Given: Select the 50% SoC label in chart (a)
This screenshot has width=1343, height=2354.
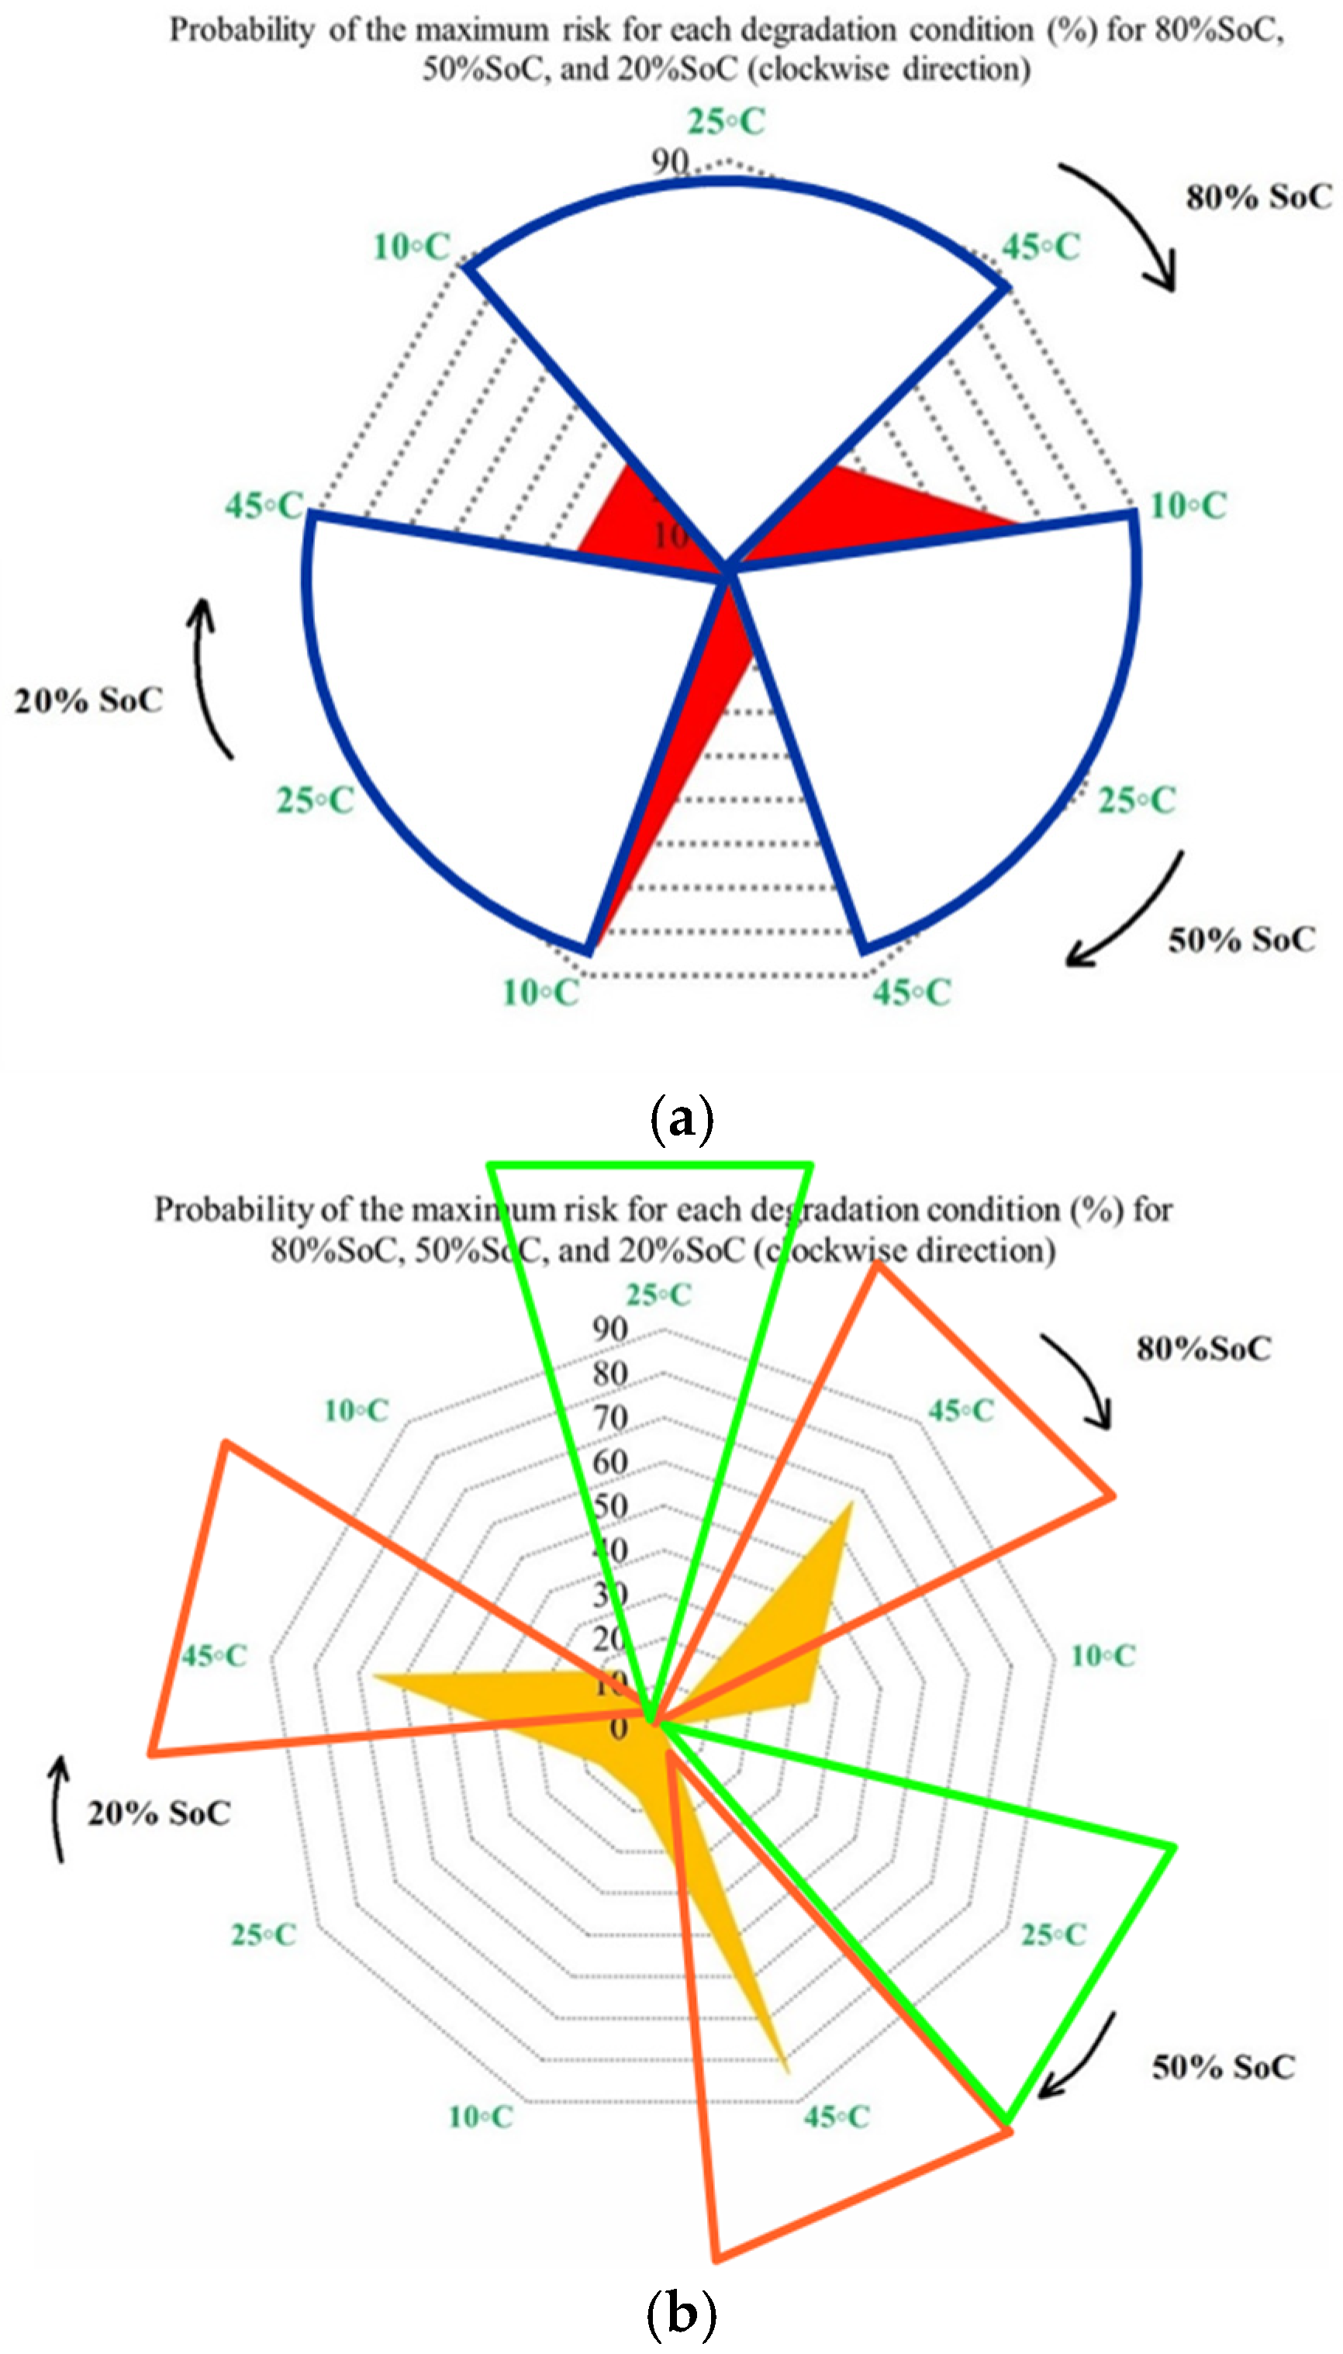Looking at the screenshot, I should coord(1241,940).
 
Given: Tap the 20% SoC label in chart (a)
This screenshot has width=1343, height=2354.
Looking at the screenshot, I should coord(88,700).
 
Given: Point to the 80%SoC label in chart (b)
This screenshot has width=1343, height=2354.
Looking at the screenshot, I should coord(1203,1349).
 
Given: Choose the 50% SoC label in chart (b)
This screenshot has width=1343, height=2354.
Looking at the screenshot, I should coord(1223,2067).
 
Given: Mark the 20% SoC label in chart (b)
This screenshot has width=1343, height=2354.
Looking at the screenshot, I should coord(159,1813).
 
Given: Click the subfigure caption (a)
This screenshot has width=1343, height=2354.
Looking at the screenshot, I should coord(682,1119).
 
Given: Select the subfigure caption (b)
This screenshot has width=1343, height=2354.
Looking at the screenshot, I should coord(682,2312).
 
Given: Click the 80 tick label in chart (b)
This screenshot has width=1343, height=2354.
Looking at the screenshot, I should coord(610,1374).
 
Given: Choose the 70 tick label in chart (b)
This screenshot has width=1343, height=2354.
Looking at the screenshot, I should coord(610,1418).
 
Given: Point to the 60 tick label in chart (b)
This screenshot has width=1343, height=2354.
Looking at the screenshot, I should coord(610,1462).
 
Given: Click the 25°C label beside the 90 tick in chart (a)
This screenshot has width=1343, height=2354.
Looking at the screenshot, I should coord(726,122).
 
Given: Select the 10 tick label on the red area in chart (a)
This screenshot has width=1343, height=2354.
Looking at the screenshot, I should coord(671,535).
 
